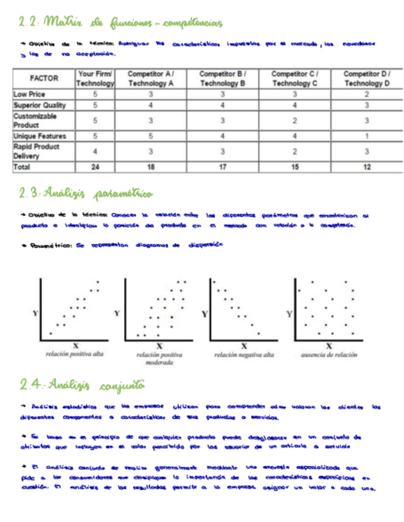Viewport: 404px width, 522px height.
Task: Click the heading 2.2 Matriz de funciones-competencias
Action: (x=120, y=23)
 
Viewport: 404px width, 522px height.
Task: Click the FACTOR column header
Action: (x=44, y=78)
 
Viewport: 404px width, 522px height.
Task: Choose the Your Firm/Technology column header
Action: (x=95, y=78)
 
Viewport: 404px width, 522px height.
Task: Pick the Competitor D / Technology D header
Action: (x=366, y=78)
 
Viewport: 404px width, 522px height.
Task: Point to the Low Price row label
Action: (x=29, y=94)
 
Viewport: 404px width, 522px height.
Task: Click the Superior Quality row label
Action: (x=39, y=105)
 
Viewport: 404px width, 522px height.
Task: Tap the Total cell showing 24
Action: (x=95, y=167)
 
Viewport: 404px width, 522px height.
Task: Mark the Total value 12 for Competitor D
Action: (x=366, y=167)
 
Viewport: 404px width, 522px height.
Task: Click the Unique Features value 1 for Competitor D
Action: (x=366, y=135)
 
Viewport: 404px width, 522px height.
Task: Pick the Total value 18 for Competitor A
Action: (x=150, y=167)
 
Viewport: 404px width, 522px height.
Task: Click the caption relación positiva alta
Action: (x=75, y=355)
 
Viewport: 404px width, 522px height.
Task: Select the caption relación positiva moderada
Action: (x=159, y=359)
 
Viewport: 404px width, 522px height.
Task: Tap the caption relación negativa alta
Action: (x=244, y=355)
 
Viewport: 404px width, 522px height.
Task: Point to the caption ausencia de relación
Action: (x=329, y=355)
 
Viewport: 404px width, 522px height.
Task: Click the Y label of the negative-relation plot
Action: (x=204, y=314)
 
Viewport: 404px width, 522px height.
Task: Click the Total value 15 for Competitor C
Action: (x=294, y=167)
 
